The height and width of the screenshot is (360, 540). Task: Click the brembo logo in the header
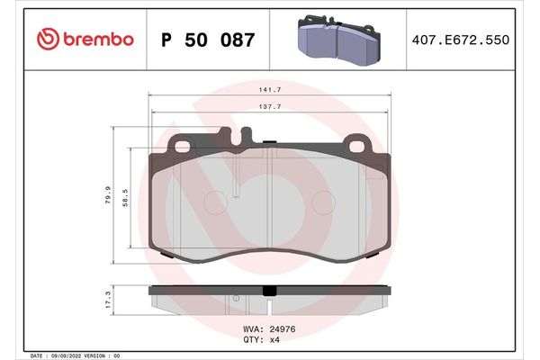85,40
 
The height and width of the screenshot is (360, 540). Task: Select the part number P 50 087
207,40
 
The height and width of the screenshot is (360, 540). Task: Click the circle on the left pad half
216,202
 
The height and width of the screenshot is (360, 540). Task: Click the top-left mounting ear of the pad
181,146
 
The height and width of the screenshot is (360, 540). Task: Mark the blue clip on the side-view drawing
270,290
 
